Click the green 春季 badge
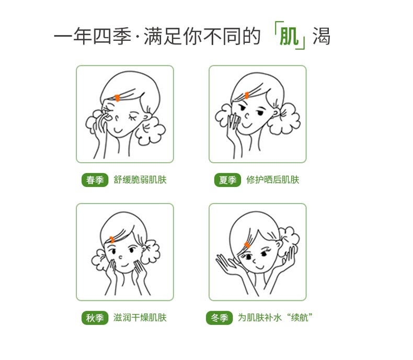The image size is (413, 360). coord(95,180)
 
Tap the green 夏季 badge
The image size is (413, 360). coord(227,180)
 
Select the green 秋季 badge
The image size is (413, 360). coord(95,318)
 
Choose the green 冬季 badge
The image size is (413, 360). coord(219,318)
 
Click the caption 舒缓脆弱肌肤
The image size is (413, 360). coord(140,180)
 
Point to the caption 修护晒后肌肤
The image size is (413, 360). coord(273,180)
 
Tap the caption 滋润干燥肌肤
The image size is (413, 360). coord(140,318)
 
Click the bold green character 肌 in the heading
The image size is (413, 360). coord(289,37)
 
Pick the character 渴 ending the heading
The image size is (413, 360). coord(322,37)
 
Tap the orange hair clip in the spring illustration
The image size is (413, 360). coord(118,98)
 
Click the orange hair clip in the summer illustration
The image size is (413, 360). coord(248,96)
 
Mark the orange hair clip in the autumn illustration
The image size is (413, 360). coord(112,240)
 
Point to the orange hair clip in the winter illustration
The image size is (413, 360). coord(247,245)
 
